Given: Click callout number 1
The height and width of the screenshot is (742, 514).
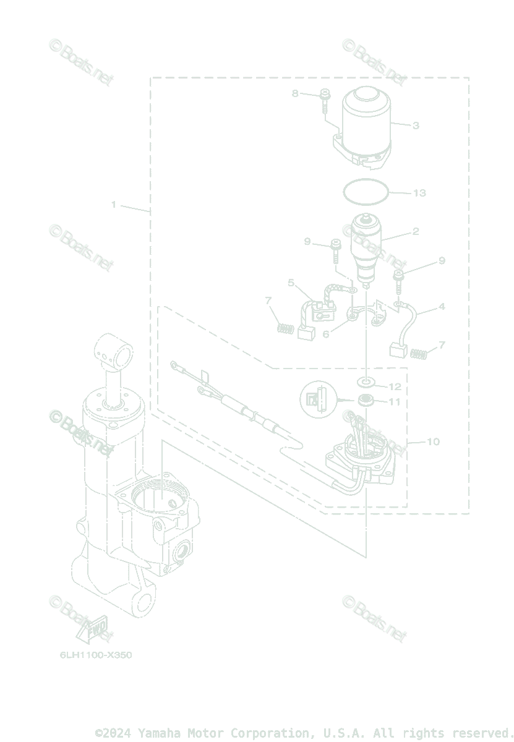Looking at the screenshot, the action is [x=114, y=205].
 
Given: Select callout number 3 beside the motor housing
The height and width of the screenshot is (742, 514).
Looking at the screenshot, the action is [x=416, y=126].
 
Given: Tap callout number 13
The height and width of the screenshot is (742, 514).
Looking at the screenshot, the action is [x=419, y=193].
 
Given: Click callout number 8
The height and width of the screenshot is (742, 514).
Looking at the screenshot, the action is [x=295, y=93].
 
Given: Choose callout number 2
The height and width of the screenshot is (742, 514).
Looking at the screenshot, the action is [x=416, y=232].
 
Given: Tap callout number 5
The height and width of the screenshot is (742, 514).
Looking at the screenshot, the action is [x=291, y=283].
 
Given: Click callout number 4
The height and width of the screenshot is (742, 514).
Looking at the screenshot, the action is [x=442, y=306].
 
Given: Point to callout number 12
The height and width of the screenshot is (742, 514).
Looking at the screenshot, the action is [x=395, y=386].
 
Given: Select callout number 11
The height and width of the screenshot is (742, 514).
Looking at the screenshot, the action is [x=395, y=402].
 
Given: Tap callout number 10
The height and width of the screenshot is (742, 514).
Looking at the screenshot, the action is [x=433, y=441].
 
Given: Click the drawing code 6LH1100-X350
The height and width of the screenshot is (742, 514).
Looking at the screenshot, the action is [x=96, y=655].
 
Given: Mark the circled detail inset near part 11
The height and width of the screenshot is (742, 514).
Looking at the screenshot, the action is [x=317, y=398].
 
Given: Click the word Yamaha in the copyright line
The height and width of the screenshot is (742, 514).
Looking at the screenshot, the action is [x=161, y=733].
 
